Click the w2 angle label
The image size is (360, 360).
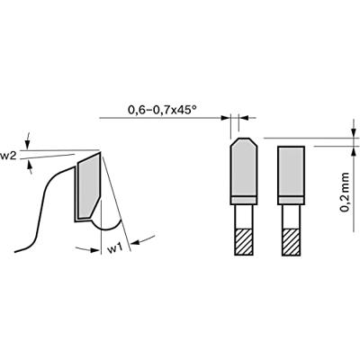[9, 156]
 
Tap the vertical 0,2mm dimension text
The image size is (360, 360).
[346, 192]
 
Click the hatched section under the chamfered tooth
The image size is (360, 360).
[243, 239]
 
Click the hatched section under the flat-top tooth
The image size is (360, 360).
[292, 239]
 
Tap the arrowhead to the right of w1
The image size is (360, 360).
[135, 240]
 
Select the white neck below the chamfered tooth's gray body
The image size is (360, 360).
[243, 216]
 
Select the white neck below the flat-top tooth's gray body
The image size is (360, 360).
[292, 216]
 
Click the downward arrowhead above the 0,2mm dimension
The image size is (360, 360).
[346, 134]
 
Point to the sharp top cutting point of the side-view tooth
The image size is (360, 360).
[102, 151]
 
